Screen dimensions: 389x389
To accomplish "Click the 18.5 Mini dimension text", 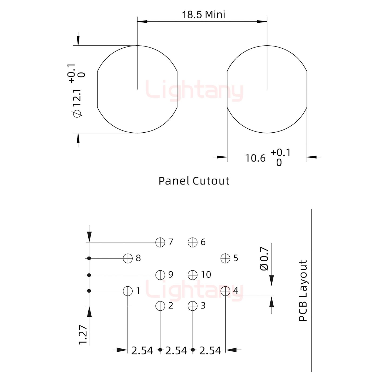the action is click(x=203, y=15).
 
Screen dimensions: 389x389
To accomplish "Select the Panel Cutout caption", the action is click(x=194, y=181).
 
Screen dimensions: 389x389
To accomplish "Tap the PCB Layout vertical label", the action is click(x=303, y=291).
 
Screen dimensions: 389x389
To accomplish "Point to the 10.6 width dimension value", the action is click(x=255, y=158).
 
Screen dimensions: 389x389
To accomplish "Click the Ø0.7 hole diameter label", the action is click(x=264, y=259).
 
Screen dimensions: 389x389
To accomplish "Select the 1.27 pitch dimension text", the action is click(x=83, y=334).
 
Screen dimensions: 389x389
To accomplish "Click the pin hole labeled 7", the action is click(x=160, y=242).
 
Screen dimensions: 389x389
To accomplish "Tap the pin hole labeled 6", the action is click(x=193, y=242).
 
